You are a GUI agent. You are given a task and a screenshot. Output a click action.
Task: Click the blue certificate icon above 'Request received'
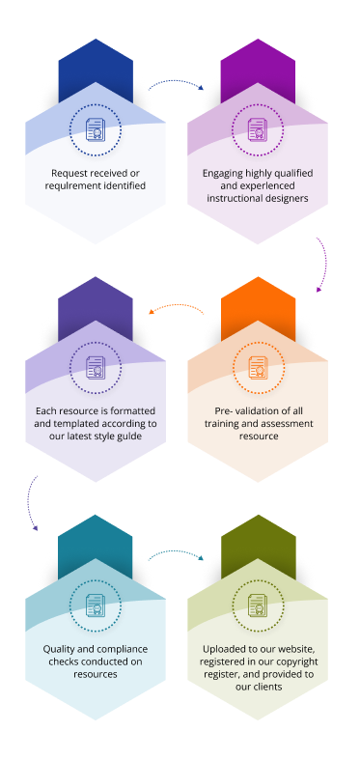coord(96,129)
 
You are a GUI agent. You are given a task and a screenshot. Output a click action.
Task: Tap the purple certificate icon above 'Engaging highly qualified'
coord(258,129)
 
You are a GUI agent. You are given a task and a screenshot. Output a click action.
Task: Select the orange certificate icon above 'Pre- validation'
coord(259,367)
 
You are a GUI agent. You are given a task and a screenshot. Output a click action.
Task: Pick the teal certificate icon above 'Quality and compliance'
coord(96,605)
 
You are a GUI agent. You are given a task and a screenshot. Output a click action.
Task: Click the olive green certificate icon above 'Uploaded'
coord(258,605)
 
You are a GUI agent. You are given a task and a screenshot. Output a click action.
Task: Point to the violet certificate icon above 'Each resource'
coord(96,367)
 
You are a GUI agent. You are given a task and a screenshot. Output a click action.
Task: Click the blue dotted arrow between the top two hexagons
coord(176,82)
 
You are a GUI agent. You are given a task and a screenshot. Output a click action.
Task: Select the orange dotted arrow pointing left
coord(177,306)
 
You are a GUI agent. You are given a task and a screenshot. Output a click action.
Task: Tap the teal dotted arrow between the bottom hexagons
coord(176,553)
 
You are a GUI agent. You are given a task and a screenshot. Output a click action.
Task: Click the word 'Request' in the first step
coord(68,173)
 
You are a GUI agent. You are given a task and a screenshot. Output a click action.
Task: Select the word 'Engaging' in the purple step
coord(220,173)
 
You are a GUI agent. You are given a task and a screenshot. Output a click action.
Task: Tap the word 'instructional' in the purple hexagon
coord(232,198)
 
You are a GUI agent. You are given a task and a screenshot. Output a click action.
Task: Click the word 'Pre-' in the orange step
coord(223,411)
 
